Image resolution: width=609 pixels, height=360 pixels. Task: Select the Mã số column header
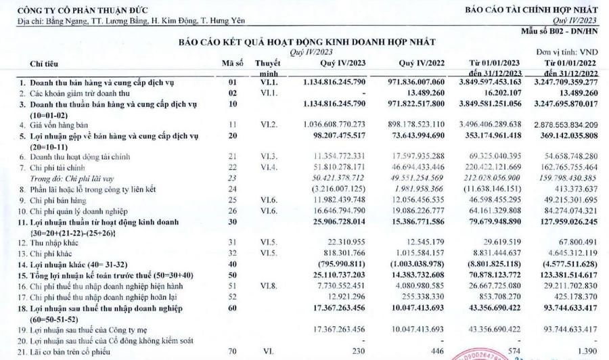click(x=232, y=64)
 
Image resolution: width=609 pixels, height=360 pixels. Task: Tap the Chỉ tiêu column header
click(x=43, y=64)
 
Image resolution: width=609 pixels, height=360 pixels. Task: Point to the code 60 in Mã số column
click(x=232, y=308)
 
